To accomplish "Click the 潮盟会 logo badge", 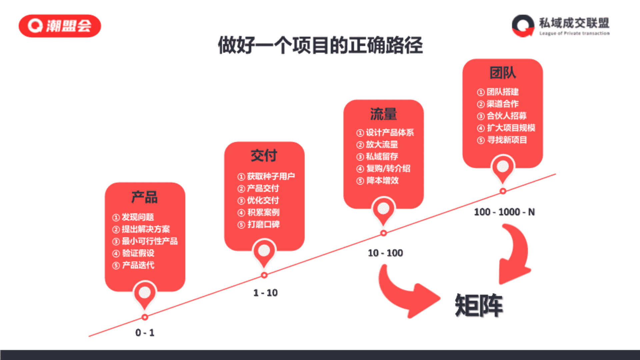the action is [60, 26].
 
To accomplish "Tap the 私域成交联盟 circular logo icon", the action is [523, 26].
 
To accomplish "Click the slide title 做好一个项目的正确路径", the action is [320, 45].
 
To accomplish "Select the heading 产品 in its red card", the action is [144, 197].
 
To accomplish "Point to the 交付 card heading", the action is [264, 156].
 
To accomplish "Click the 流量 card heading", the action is [383, 114].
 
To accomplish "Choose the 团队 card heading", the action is [503, 73].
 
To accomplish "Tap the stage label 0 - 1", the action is [145, 332].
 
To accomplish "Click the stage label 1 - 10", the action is [265, 293].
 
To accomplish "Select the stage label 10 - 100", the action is [385, 253].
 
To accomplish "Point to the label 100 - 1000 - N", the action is [504, 212].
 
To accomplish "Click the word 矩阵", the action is [479, 305].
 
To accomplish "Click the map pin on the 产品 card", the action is [145, 295].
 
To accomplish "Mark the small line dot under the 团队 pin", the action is [503, 191].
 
